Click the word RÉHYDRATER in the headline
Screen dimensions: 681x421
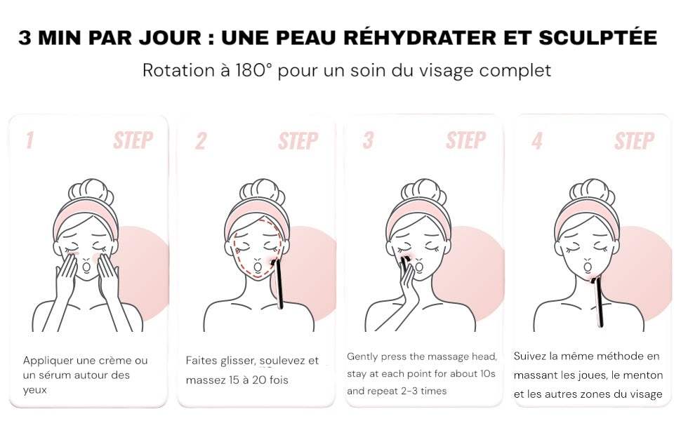420,37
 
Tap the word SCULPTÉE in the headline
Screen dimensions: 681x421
597,37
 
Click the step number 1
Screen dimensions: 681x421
29,140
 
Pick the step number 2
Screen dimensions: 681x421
201,140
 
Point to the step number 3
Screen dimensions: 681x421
368,140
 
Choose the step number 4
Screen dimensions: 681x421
537,140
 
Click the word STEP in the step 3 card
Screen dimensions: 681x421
465,140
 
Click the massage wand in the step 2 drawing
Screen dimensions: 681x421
278,283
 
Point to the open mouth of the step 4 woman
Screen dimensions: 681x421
587,266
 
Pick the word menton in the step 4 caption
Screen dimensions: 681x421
637,375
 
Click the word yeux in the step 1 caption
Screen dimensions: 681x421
34,390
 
